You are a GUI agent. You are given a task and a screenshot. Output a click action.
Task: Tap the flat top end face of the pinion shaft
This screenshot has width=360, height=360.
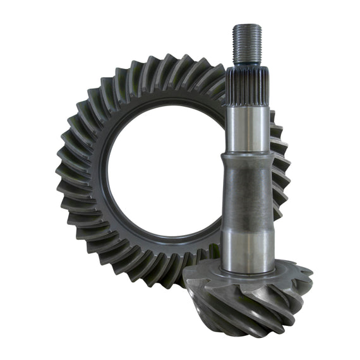[247, 26]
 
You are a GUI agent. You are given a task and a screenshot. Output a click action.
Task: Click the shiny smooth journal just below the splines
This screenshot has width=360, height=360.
[247, 129]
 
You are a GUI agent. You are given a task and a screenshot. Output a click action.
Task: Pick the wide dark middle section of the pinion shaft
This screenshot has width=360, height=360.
[247, 196]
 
